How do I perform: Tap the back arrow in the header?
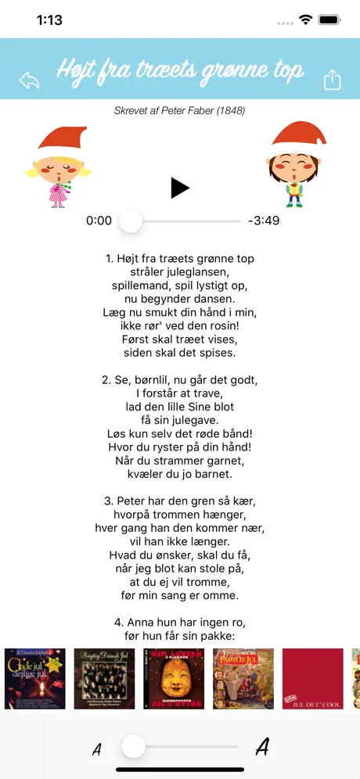29,80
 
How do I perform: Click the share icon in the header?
332,80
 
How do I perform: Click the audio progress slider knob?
131,221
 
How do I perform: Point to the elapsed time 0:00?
99,221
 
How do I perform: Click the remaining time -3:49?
263,221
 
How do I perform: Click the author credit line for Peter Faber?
180,111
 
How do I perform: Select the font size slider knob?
134,747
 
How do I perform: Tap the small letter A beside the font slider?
97,749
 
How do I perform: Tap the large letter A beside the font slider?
262,748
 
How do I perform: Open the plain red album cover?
312,679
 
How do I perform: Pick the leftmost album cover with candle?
35,679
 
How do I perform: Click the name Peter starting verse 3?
135,501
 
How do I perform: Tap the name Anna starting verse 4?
135,623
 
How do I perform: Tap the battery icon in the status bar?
329,20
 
